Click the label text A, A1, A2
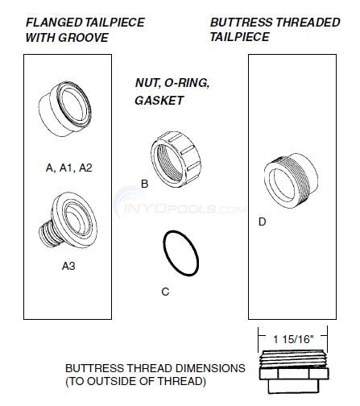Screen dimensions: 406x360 [69, 168]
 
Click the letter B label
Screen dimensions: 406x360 [145, 184]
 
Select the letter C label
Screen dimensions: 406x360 [165, 292]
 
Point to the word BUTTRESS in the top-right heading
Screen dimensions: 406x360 [238, 23]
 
